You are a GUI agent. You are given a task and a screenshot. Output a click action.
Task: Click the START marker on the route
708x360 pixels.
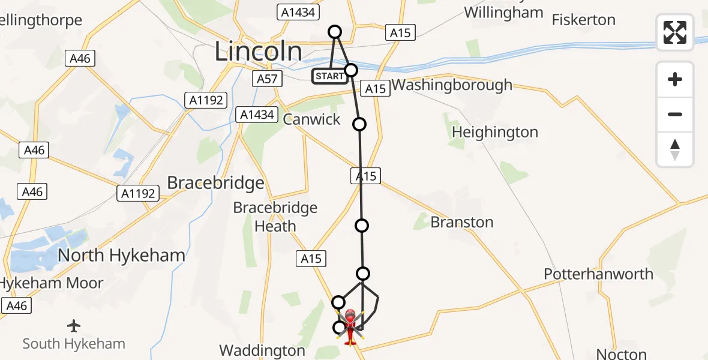click(x=329, y=76)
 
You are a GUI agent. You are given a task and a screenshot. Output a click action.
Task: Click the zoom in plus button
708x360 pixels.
click(x=675, y=80)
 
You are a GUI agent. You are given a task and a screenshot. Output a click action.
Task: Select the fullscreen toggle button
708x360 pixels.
click(x=675, y=32)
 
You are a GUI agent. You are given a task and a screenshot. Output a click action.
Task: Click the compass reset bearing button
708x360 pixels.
click(x=675, y=149)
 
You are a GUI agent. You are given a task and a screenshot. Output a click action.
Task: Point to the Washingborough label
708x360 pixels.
click(x=452, y=85)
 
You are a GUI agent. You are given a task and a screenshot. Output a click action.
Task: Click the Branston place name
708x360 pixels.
click(x=462, y=223)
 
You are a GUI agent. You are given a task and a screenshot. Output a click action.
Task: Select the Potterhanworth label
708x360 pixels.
click(x=598, y=274)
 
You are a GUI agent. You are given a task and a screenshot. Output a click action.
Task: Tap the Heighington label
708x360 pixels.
click(x=495, y=132)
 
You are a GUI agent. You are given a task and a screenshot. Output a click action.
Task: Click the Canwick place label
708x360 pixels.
click(x=311, y=119)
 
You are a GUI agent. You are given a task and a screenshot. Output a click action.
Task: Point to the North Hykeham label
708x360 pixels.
click(x=121, y=256)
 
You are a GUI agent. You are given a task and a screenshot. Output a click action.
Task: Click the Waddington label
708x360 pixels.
click(x=262, y=350)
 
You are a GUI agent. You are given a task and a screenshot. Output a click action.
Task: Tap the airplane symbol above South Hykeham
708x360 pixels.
click(x=74, y=326)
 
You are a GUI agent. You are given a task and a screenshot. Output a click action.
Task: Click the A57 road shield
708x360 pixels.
click(x=267, y=79)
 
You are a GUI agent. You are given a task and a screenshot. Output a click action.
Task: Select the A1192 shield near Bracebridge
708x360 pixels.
click(x=139, y=193)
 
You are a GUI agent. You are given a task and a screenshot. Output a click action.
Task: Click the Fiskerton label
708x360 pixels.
click(x=583, y=20)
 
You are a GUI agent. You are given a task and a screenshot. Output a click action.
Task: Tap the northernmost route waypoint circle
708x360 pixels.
click(x=335, y=32)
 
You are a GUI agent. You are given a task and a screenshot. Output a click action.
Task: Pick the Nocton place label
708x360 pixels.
click(x=622, y=354)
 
